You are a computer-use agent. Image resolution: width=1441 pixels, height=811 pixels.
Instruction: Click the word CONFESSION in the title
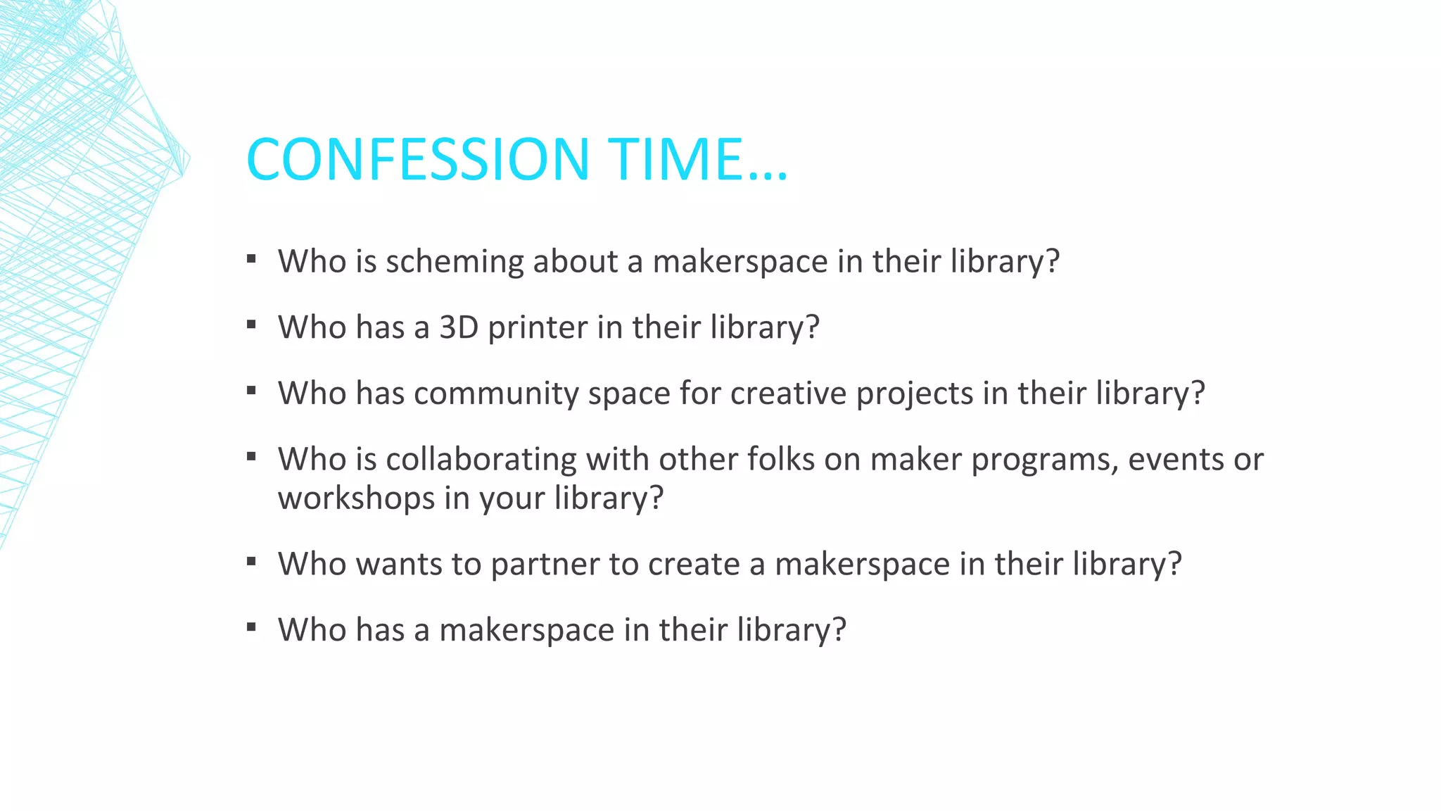417,159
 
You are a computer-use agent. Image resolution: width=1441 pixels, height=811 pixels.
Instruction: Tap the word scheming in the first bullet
455,262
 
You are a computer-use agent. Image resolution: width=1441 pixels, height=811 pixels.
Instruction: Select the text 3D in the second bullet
459,327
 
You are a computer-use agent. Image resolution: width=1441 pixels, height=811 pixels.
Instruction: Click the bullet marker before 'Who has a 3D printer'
251,325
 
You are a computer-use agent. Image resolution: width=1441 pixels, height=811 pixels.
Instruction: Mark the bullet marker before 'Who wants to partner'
251,562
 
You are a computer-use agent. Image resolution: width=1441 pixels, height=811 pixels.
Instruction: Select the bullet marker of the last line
251,627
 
